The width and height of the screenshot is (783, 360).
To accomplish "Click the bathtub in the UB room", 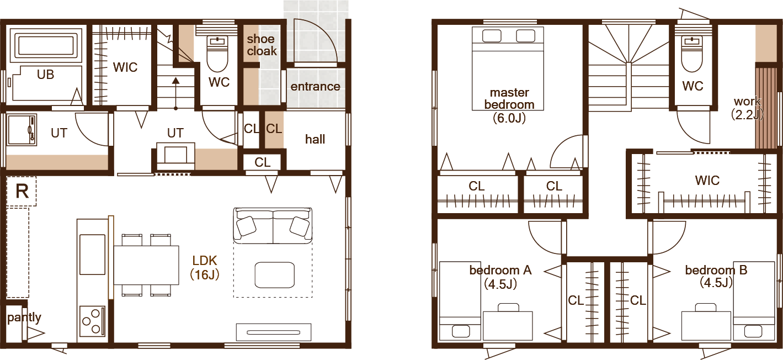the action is click(x=45, y=45).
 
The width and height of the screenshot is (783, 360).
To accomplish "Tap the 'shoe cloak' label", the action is click(x=262, y=45).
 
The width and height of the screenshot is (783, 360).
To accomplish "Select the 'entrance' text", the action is click(x=315, y=87).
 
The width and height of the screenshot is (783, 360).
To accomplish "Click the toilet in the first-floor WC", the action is click(x=217, y=54).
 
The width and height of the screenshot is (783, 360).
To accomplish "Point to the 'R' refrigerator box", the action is click(x=22, y=192).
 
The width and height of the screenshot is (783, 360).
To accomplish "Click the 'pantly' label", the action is click(x=24, y=318).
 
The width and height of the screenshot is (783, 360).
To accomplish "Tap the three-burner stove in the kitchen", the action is click(x=92, y=320).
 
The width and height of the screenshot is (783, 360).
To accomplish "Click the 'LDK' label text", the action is click(x=205, y=260).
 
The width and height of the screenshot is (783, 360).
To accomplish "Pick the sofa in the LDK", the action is click(x=273, y=226).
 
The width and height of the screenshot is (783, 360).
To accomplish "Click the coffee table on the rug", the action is click(x=274, y=275).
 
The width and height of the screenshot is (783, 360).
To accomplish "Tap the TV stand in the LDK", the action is click(x=273, y=332).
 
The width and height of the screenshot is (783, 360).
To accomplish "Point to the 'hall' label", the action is click(x=315, y=139).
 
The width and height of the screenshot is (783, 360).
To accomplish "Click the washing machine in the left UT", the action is click(x=22, y=130).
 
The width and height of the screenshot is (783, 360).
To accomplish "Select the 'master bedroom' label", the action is click(x=509, y=98).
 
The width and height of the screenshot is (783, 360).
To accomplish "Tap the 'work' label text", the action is click(x=747, y=102).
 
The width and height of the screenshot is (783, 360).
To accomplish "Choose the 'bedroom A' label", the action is click(x=500, y=270).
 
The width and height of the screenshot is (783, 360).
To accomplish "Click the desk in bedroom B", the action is click(x=706, y=324).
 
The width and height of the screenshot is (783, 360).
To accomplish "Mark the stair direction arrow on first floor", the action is click(x=176, y=93).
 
